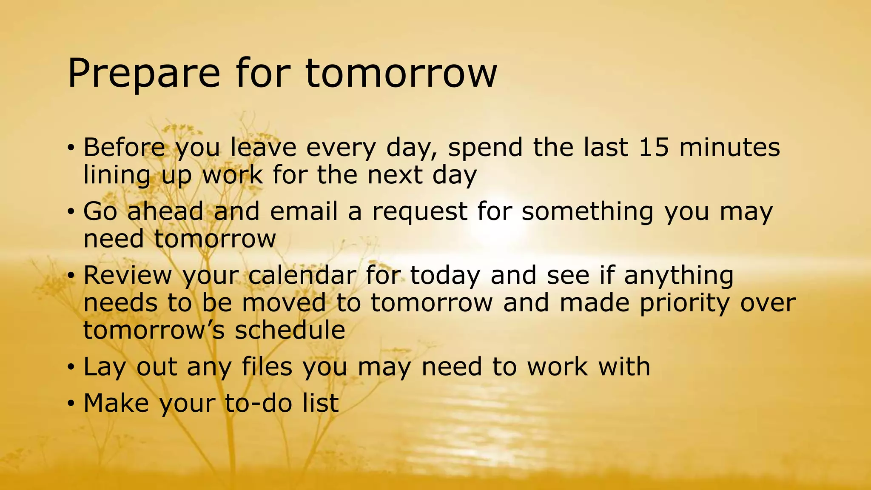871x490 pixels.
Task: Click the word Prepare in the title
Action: (144, 74)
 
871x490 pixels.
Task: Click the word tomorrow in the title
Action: (401, 73)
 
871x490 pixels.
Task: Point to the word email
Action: (304, 211)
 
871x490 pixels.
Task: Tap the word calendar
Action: (302, 275)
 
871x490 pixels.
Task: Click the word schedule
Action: (290, 330)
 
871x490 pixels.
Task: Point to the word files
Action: (267, 367)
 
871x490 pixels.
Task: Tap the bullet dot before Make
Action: (71, 403)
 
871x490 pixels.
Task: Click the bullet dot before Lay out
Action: (71, 367)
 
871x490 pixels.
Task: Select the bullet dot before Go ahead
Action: (71, 212)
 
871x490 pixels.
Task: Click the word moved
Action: (284, 303)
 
